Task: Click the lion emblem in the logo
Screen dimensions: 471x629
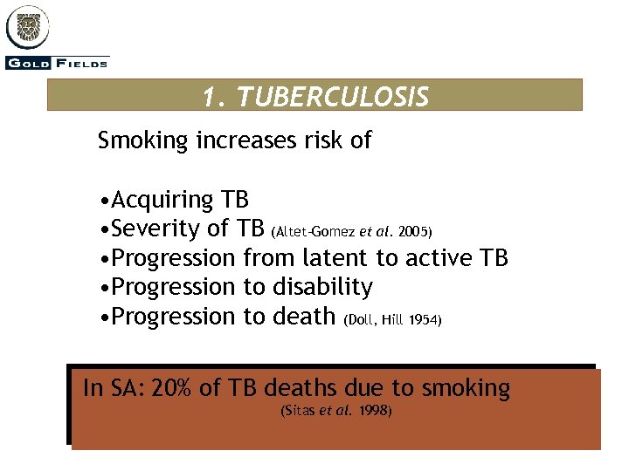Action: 29,26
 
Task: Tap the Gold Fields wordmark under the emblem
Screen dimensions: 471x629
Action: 58,63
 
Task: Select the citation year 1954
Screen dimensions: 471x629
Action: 426,320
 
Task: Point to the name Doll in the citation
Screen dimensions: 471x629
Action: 361,320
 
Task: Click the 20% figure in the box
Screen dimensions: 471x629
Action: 171,388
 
